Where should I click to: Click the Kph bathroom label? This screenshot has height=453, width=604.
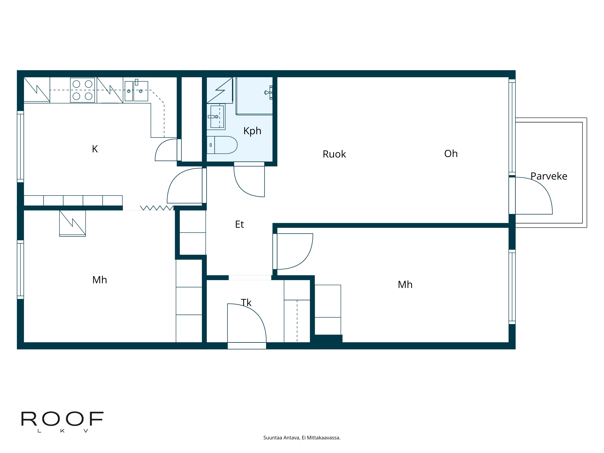252,131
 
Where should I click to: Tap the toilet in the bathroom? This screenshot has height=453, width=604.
222,145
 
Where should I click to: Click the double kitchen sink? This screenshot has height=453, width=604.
136,91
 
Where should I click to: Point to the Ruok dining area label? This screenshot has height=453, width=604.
334,154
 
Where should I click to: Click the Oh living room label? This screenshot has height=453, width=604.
451,154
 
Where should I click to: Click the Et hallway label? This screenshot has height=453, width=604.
239,224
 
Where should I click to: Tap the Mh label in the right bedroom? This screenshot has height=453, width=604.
405,284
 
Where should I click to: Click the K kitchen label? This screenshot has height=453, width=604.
95,149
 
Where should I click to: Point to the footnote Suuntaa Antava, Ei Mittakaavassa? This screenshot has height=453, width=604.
302,438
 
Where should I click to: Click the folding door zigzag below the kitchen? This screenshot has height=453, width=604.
156,208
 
